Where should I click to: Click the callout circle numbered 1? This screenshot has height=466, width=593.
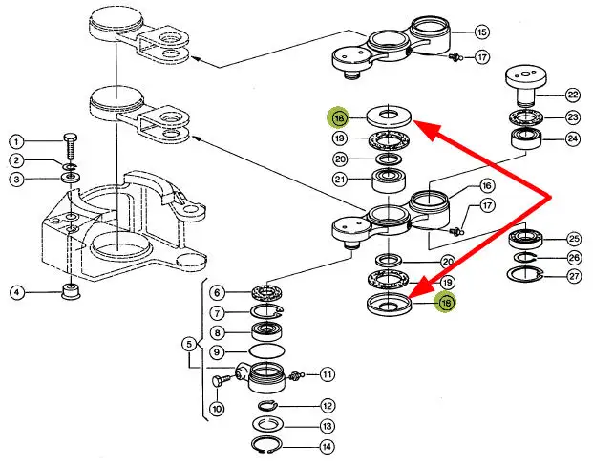(17, 142)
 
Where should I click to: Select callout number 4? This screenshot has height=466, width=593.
(17, 291)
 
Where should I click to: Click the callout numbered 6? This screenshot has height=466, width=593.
(218, 292)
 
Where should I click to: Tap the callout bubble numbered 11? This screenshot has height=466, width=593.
(327, 373)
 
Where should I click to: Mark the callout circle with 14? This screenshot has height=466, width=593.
(327, 445)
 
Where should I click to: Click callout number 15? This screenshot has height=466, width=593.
(480, 32)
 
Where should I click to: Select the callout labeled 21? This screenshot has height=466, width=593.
(340, 180)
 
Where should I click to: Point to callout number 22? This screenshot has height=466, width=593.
(572, 95)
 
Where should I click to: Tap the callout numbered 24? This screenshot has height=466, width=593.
(572, 138)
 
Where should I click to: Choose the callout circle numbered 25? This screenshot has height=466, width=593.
(573, 238)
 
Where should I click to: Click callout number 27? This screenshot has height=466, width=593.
(573, 278)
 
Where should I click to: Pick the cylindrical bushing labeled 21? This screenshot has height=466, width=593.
(390, 180)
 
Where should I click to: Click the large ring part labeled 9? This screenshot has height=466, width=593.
(263, 352)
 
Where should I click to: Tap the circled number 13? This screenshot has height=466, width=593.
(327, 425)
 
